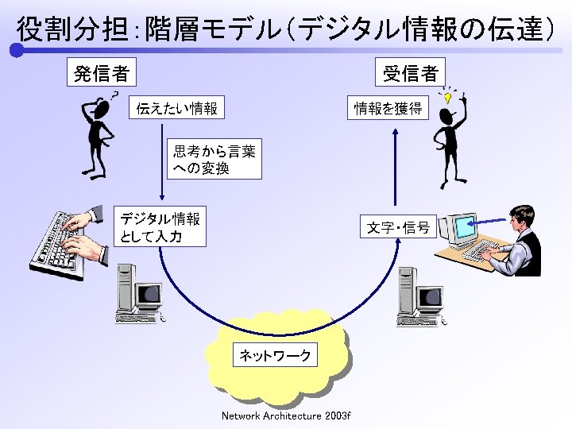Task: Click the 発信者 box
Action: point(101,73)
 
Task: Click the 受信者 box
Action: point(411,73)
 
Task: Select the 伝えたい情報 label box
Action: point(177,107)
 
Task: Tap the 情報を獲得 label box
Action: point(388,107)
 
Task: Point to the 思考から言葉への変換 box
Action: point(214,160)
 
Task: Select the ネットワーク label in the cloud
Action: point(276,355)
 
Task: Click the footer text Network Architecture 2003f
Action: point(286,415)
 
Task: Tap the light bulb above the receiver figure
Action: point(448,99)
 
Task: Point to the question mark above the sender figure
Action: point(114,95)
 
